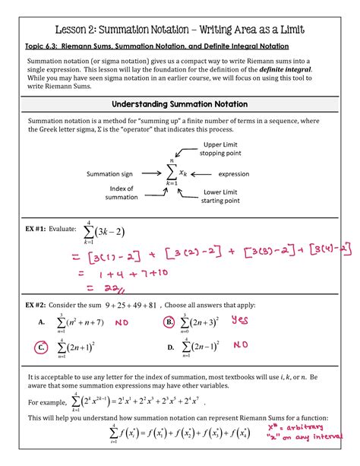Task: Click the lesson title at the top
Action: pos(179,29)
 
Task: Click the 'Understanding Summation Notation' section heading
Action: pos(179,103)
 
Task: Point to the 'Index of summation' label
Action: pos(121,192)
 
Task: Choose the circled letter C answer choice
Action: pos(43,348)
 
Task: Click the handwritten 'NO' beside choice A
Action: pos(122,323)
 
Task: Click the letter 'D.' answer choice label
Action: pos(171,348)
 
